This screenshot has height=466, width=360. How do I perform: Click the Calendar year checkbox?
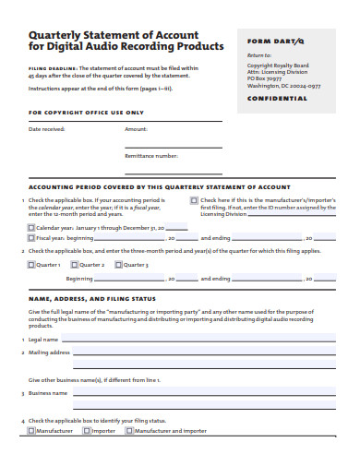point(31,226)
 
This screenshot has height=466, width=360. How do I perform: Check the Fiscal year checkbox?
point(31,236)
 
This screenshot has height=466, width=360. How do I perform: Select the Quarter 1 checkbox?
point(31,265)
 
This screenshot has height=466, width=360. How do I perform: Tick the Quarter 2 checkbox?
point(76,265)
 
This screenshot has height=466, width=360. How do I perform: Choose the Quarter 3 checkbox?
point(120,265)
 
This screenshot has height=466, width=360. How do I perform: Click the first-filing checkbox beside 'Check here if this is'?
point(194,199)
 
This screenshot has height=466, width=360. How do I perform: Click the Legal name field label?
point(45,340)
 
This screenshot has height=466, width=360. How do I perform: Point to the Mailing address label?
point(49,352)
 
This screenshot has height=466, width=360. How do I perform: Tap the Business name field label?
point(48,392)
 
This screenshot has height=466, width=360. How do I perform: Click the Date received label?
point(47,129)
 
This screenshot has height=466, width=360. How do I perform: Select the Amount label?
point(136,129)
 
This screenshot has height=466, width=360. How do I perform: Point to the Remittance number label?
point(150,156)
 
